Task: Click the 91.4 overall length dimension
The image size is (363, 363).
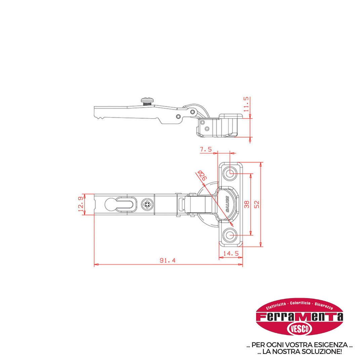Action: (x=168, y=260)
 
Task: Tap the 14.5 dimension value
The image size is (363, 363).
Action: (x=231, y=253)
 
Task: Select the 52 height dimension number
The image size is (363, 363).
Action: (x=257, y=204)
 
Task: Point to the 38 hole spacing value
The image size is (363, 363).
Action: (x=247, y=204)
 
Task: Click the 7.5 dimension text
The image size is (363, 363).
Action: (x=206, y=149)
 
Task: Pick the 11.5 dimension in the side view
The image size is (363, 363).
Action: (x=246, y=104)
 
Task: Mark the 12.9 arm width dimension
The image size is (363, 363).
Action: (x=81, y=204)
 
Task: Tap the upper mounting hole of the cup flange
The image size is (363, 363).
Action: (x=230, y=172)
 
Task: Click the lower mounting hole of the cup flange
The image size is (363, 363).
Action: (x=230, y=235)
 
